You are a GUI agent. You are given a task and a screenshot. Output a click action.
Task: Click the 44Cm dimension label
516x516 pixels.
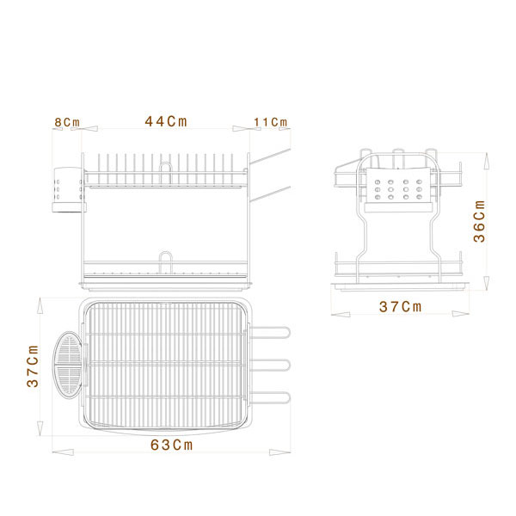pos(166,121)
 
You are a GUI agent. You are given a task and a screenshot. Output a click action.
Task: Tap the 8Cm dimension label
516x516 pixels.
pos(67,122)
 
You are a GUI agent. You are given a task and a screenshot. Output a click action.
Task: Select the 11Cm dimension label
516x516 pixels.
pos(271,122)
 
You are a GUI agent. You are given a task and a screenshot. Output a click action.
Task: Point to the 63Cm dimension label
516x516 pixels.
pos(171,445)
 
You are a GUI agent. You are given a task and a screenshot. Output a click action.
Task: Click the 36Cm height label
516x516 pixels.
pos(480,221)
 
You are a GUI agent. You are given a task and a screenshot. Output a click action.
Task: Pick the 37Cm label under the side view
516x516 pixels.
pos(400,307)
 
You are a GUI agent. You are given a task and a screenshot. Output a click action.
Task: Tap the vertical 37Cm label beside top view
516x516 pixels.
pos(33,366)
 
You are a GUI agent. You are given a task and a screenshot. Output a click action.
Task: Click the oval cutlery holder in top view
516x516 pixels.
pos(68,365)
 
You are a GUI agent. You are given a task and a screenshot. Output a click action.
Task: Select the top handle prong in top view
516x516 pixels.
pos(269,332)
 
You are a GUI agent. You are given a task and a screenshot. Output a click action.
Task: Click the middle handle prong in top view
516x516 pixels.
pos(269,365)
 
